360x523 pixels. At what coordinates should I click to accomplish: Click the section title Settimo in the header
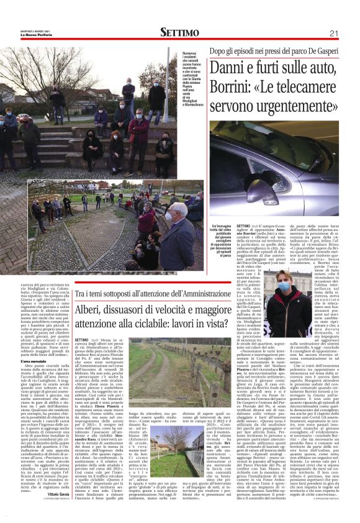[179, 32]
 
